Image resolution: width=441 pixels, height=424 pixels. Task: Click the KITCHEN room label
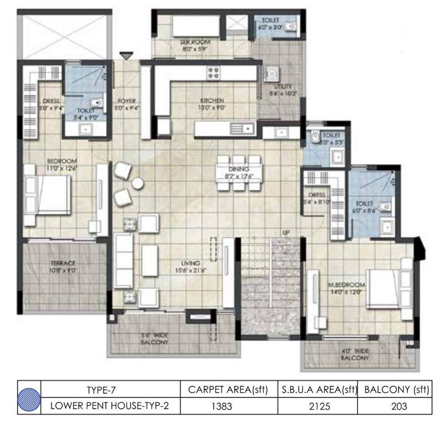(x=212, y=100)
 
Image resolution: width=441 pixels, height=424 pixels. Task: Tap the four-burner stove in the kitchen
(x=213, y=72)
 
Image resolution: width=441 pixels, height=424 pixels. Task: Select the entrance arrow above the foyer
(x=127, y=56)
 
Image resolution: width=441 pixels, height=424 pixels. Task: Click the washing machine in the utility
(x=271, y=73)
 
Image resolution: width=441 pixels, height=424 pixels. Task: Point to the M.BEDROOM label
(x=347, y=285)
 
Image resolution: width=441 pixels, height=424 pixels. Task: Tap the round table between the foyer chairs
(x=137, y=183)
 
